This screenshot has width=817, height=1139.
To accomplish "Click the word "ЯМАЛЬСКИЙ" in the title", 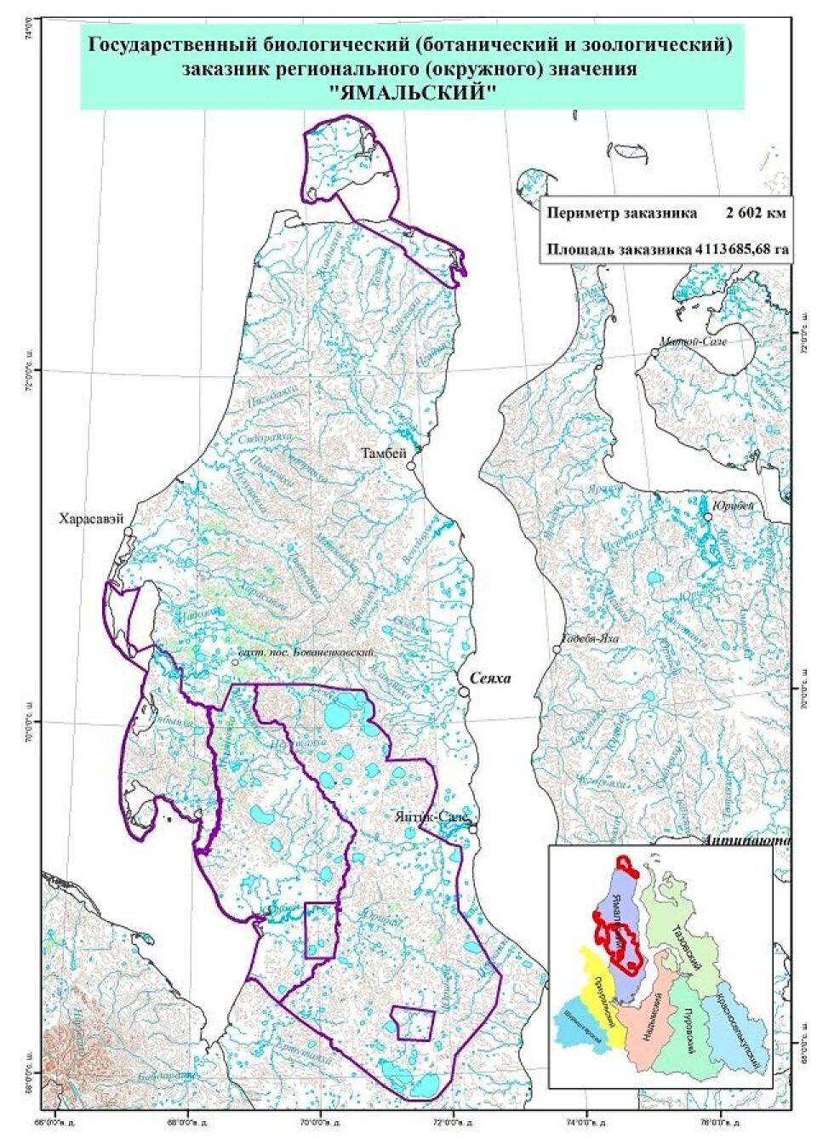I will click(x=412, y=93).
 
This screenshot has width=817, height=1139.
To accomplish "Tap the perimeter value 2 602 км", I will click(x=756, y=213).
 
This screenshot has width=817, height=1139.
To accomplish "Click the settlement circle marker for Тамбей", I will click(x=410, y=466).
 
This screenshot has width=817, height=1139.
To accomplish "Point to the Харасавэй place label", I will click(x=91, y=517).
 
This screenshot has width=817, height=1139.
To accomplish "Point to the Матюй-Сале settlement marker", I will click(x=655, y=352).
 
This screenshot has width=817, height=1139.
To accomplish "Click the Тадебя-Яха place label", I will click(x=590, y=639).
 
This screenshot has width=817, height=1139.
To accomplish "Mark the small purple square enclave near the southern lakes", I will click(x=414, y=1023).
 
